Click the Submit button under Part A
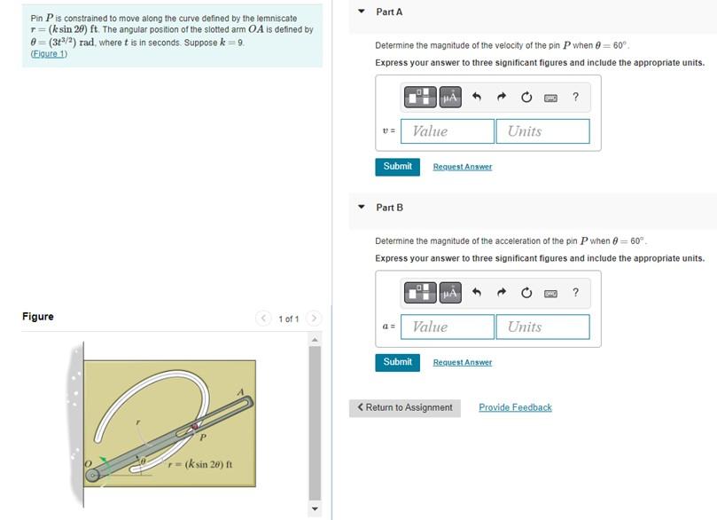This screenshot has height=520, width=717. click(397, 167)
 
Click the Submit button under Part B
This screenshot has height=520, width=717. click(397, 362)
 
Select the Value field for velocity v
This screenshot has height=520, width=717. click(448, 131)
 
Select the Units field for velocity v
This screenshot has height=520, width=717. click(542, 131)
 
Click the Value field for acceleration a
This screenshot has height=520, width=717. click(448, 327)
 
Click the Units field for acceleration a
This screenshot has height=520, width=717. click(542, 327)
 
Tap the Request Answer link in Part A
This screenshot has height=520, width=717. click(462, 167)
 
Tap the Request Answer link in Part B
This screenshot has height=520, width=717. click(462, 362)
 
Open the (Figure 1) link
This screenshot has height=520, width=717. click(49, 54)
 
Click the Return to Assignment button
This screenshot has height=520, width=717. click(404, 407)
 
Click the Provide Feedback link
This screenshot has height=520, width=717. click(515, 407)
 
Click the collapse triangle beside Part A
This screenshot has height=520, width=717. click(362, 12)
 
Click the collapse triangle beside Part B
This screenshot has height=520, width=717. click(362, 207)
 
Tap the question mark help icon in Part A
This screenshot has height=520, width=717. click(575, 97)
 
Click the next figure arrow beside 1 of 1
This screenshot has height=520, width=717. click(314, 318)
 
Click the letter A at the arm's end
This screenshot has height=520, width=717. click(239, 392)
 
